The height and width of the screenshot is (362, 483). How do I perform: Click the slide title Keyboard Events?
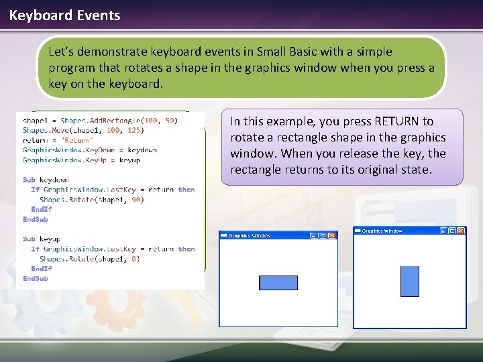pyautogui.click(x=64, y=15)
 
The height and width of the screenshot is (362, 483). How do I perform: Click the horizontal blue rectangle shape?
pyautogui.click(x=278, y=283)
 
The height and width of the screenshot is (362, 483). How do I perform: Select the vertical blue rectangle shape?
pyautogui.click(x=409, y=281)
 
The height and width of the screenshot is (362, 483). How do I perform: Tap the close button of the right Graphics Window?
pyautogui.click(x=461, y=231)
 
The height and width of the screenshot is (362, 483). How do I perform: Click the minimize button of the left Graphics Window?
pyautogui.click(x=313, y=235)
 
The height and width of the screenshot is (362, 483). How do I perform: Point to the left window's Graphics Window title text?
pyautogui.click(x=250, y=235)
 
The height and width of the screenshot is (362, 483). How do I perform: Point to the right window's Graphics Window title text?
pyautogui.click(x=382, y=231)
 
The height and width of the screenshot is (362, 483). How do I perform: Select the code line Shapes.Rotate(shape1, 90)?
pyautogui.click(x=92, y=200)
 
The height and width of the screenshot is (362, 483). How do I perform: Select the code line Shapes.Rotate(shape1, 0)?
pyautogui.click(x=89, y=259)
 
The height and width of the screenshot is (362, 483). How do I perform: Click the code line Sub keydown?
pyautogui.click(x=46, y=180)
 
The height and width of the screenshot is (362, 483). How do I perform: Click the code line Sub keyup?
pyautogui.click(x=42, y=239)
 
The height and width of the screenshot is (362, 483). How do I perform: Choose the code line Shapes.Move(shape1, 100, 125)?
pyautogui.click(x=83, y=130)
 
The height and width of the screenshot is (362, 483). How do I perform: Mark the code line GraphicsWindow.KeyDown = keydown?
pyautogui.click(x=90, y=150)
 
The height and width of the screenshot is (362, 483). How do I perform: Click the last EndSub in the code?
pyautogui.click(x=36, y=278)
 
